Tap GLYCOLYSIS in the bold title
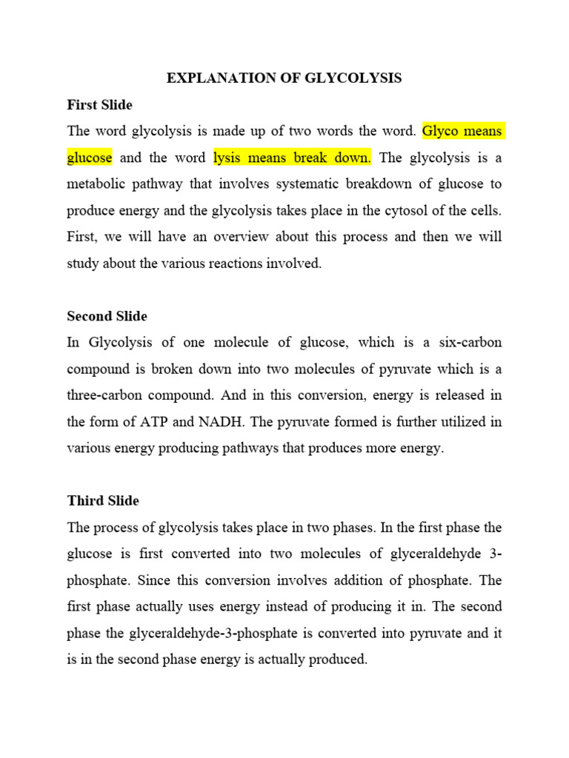click(x=353, y=78)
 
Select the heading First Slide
click(x=99, y=105)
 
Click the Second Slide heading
click(x=107, y=316)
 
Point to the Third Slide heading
click(x=103, y=501)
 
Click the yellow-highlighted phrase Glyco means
click(x=462, y=132)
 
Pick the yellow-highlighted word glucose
click(x=90, y=158)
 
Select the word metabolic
click(x=96, y=184)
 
